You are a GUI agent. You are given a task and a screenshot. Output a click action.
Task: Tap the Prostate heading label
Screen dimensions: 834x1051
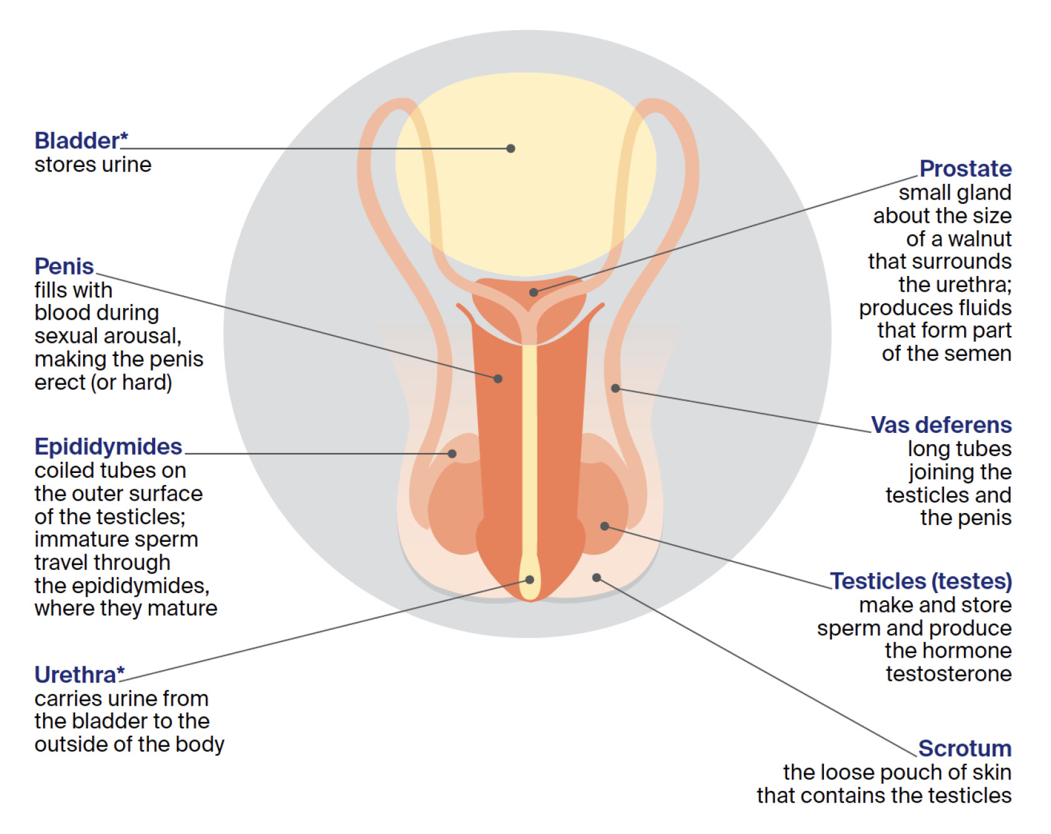[x=965, y=168]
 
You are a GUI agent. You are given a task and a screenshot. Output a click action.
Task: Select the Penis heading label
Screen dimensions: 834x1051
[x=64, y=267]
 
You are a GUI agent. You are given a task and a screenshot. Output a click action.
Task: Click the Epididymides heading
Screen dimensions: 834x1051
[x=108, y=447]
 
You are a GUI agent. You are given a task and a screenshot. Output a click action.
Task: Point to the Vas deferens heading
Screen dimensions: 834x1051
[x=941, y=425]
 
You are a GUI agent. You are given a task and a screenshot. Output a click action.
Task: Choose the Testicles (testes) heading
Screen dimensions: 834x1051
[x=920, y=581]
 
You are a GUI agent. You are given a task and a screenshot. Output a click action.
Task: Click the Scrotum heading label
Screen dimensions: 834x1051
[x=965, y=748]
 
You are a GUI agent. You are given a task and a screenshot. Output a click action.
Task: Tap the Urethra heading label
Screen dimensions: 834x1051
[x=75, y=675]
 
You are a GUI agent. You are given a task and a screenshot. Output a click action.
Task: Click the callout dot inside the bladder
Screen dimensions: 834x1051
[x=510, y=148]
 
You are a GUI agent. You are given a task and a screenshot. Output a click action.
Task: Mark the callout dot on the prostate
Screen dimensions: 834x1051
[x=533, y=292]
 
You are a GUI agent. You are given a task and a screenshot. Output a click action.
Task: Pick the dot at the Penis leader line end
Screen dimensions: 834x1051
[x=498, y=379]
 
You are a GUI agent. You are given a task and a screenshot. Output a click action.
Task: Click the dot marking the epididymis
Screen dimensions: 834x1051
[x=452, y=454]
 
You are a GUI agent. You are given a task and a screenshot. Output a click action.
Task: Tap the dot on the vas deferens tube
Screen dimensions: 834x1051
[x=616, y=389]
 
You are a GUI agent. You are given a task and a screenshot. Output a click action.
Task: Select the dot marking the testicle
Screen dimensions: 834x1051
[x=604, y=526]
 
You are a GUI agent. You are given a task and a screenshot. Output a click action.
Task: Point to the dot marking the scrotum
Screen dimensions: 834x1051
[x=597, y=577]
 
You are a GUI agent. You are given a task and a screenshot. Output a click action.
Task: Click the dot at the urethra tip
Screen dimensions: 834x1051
[x=529, y=580]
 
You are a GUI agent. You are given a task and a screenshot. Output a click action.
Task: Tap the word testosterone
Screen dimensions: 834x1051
[x=948, y=674]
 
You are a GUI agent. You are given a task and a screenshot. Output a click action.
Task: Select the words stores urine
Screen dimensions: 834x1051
[x=93, y=165]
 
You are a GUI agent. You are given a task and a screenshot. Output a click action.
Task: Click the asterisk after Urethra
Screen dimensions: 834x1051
[x=121, y=671]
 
